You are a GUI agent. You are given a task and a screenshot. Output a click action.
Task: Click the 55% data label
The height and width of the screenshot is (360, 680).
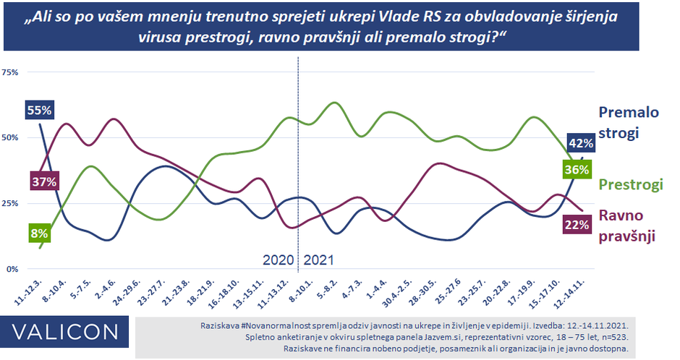[39, 111]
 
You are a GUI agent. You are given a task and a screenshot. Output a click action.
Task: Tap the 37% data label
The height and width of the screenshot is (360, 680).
[43, 181]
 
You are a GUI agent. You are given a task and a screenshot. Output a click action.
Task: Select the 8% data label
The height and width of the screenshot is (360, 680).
[39, 233]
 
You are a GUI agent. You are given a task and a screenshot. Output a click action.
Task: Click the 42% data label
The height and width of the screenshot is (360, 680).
[580, 143]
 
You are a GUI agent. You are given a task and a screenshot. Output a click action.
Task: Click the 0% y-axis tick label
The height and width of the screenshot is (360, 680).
[12, 269]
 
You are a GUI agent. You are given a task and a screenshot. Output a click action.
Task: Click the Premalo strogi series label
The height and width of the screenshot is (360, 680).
[629, 122]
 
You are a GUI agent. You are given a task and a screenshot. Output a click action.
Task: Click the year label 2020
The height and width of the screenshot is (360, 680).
[279, 259]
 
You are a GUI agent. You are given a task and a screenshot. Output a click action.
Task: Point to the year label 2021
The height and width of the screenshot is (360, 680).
[319, 259]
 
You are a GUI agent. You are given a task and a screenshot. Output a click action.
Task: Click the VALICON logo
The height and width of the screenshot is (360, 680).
[64, 332]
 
